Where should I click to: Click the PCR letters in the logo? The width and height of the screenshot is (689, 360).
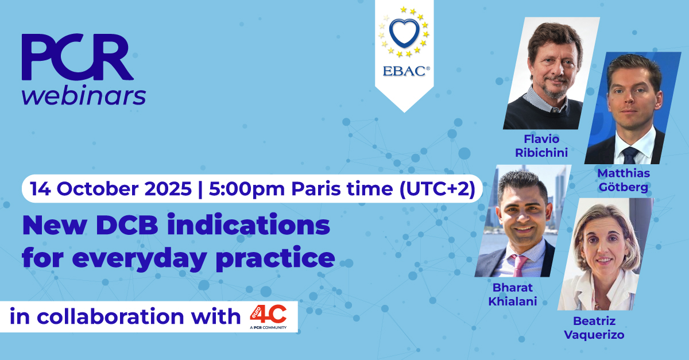78,57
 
